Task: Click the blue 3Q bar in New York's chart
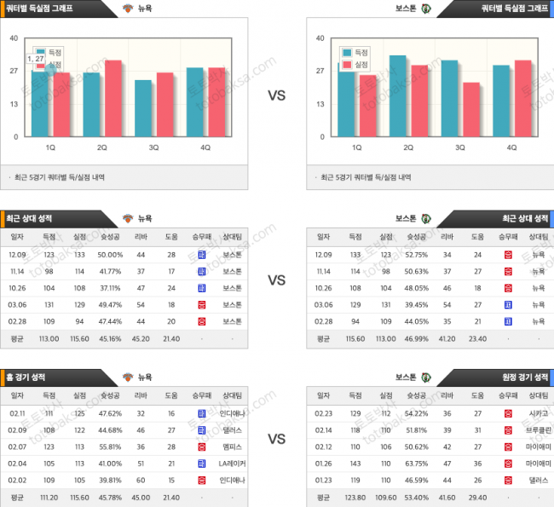click(143, 108)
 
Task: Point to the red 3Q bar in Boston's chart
click(471, 109)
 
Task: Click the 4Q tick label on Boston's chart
click(511, 147)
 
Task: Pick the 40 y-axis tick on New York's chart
click(14, 37)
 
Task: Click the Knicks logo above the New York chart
click(129, 8)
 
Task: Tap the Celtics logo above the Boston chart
click(425, 8)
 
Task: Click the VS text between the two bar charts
click(277, 95)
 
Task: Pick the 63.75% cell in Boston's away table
click(417, 464)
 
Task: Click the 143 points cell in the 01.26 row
click(355, 464)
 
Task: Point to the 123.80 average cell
click(355, 498)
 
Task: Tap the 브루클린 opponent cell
click(537, 429)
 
